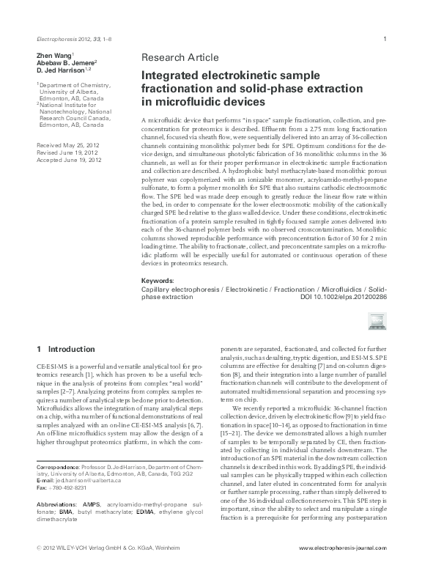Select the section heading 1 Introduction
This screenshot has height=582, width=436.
[65, 348]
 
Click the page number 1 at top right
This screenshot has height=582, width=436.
[385, 37]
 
